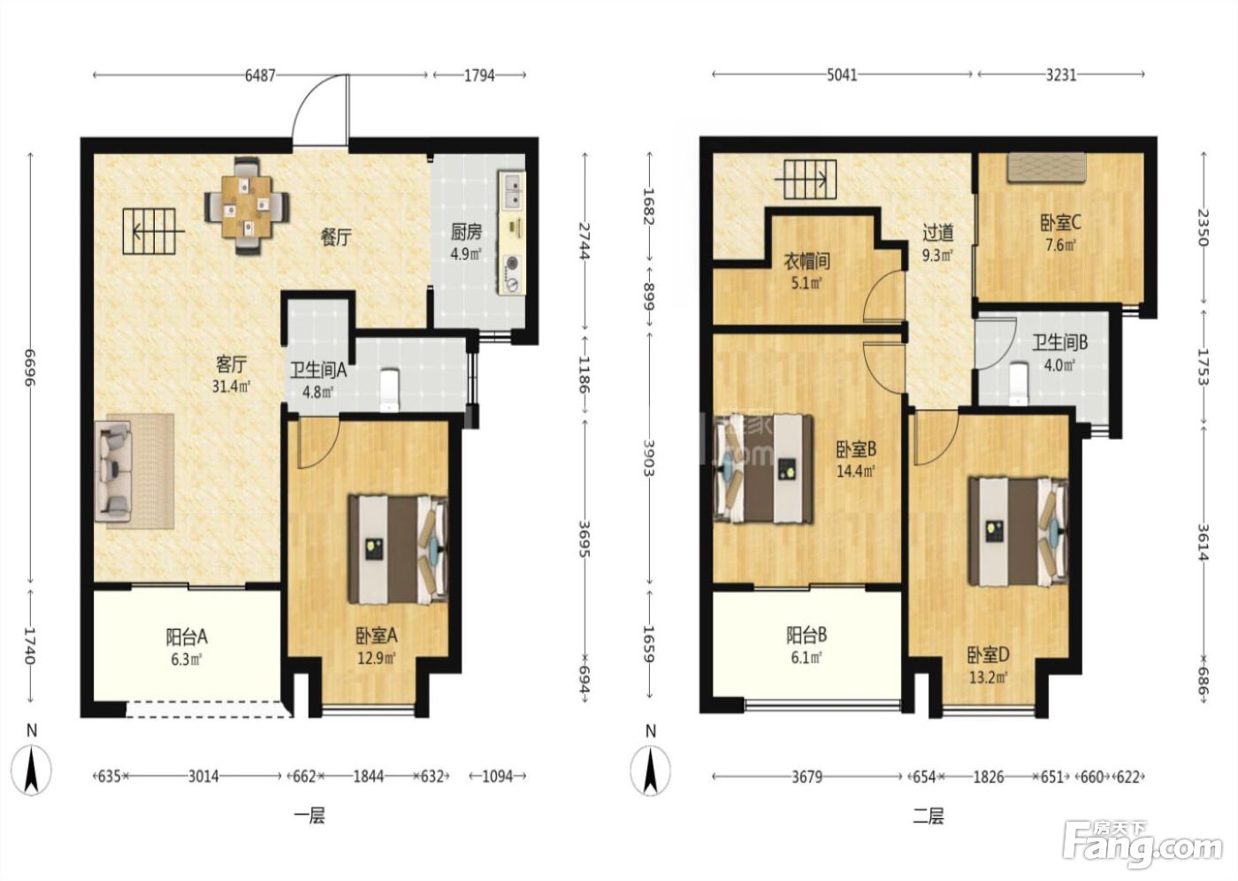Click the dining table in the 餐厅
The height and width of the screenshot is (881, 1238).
click(x=247, y=206)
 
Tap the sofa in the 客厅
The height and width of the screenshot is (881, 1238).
click(x=114, y=471)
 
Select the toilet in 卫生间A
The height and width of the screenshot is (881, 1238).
click(x=390, y=390)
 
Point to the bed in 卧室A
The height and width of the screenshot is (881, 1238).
click(x=397, y=549)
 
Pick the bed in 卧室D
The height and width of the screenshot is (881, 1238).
click(x=1018, y=532)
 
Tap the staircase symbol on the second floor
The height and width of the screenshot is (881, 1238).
click(x=806, y=180)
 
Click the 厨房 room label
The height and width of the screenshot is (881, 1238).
click(x=466, y=233)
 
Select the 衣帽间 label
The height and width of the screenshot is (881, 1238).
click(x=806, y=262)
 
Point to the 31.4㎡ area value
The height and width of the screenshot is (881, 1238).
click(x=232, y=386)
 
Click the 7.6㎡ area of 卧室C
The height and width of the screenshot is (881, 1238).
click(x=1060, y=245)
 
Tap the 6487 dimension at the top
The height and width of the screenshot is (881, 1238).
click(x=260, y=75)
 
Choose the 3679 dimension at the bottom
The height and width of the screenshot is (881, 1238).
click(x=806, y=778)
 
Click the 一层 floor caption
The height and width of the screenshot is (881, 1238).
click(x=309, y=816)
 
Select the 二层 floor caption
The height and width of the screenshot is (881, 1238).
click(x=928, y=816)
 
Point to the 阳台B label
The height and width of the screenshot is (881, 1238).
click(x=806, y=636)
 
